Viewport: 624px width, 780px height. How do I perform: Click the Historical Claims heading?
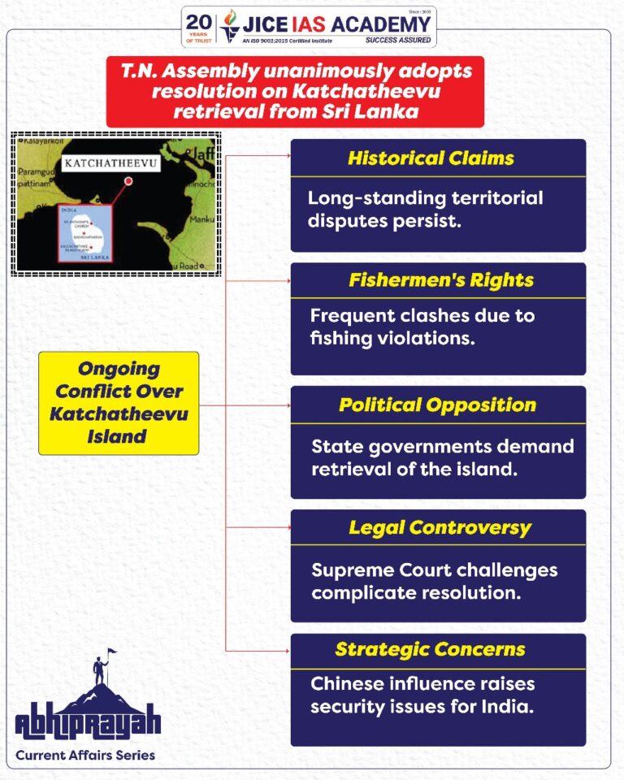coord(431,158)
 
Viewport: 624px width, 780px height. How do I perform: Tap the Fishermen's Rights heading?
coord(441,280)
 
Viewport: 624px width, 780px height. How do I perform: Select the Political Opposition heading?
coord(437,405)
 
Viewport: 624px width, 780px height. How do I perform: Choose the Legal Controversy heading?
coord(440,528)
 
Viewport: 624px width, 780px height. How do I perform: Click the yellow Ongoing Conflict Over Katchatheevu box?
coord(119,403)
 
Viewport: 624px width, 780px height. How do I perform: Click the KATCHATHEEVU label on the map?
coord(110,163)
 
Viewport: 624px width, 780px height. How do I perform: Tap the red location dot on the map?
coord(128,182)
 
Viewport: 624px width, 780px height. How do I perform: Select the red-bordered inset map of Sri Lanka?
coord(84,233)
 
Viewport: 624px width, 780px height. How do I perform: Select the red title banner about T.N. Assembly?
coord(295,92)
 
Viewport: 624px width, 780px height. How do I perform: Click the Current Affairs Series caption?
coord(85,756)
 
